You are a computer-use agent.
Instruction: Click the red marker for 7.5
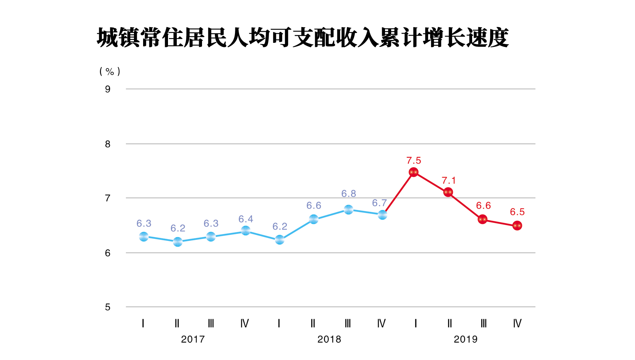(x=414, y=172)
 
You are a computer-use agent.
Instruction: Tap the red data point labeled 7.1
(x=448, y=192)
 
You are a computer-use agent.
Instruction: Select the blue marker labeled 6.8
(x=348, y=209)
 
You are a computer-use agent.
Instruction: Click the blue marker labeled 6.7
(x=382, y=215)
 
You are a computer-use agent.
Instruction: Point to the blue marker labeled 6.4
(x=246, y=230)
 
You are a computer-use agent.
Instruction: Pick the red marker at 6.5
(x=517, y=226)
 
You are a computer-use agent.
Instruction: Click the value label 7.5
(x=414, y=160)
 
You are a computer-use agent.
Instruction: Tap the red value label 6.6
(x=483, y=205)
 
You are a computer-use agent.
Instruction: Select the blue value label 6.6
(x=314, y=205)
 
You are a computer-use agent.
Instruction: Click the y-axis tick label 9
(x=108, y=89)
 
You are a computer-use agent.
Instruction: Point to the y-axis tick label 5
(x=108, y=307)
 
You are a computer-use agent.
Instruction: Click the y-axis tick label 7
(x=108, y=198)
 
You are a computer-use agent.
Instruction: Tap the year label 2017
(x=193, y=339)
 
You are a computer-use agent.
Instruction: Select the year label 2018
(x=329, y=339)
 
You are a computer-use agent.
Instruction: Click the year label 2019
(x=466, y=339)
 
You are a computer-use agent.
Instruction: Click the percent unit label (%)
(x=110, y=71)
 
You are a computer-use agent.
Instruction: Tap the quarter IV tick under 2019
(x=517, y=323)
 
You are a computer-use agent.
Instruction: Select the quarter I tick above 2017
(x=143, y=323)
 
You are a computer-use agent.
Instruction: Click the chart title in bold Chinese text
(x=303, y=38)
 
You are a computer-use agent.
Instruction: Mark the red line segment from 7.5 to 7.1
(x=431, y=182)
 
